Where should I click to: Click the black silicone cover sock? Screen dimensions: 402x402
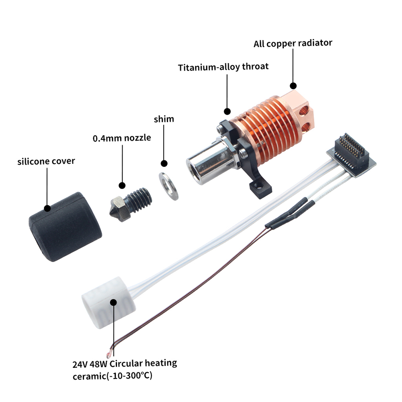pos(64,227)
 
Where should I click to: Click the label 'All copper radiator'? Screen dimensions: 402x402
pos(293,43)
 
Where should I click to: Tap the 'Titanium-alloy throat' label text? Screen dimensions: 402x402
pos(223,66)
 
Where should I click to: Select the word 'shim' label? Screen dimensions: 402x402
pos(164,119)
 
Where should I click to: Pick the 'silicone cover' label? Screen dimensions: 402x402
pos(46,161)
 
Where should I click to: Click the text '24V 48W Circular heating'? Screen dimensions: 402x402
pos(125,363)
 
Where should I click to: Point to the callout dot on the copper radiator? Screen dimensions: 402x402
pos(293,86)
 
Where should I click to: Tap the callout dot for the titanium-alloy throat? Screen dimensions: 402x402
pos(227,111)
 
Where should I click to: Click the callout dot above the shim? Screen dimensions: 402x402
pos(164,163)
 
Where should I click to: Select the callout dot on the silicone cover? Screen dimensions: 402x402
pos(47,208)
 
